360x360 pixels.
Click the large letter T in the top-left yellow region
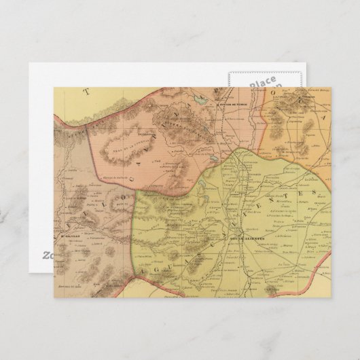click(x=86, y=91)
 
